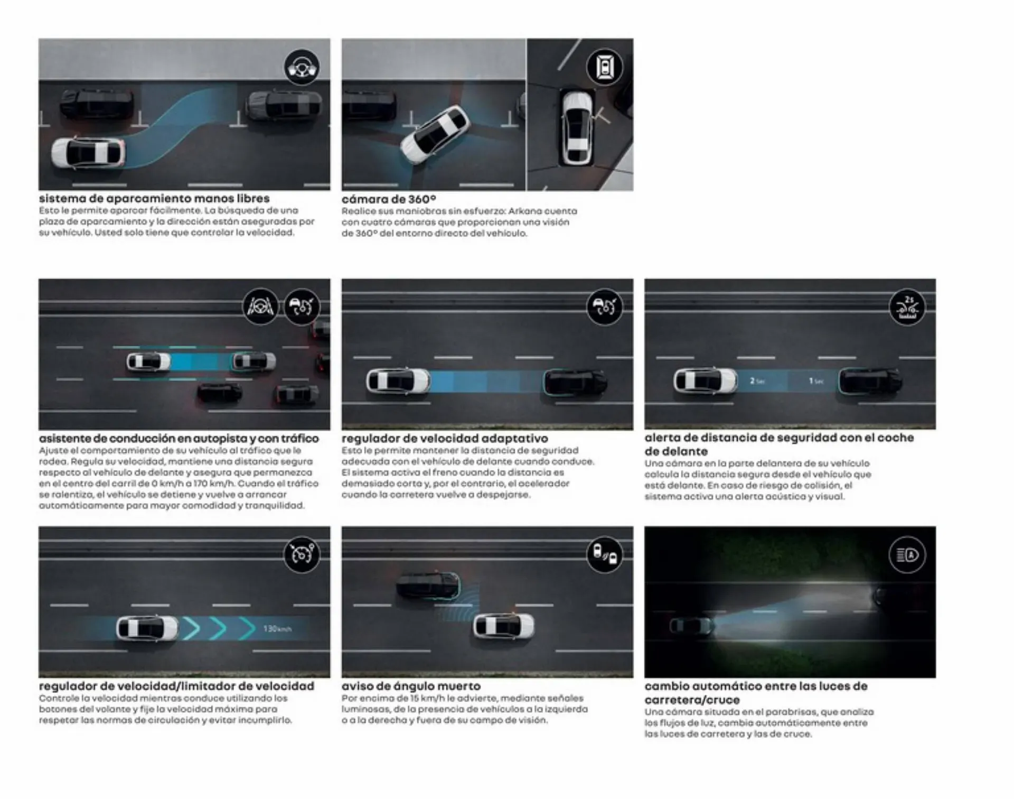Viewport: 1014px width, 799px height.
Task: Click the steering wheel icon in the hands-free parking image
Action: (302, 67)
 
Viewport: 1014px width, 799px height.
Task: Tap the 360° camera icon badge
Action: (605, 67)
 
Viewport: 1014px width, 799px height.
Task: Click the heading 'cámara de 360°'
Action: (389, 199)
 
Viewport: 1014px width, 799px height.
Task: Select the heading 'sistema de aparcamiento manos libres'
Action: (154, 199)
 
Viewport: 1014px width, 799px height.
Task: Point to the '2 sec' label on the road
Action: (757, 381)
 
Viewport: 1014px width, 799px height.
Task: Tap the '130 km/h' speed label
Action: (277, 629)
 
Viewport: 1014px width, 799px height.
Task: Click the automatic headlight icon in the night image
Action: (907, 555)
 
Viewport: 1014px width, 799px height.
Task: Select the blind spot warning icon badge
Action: (605, 554)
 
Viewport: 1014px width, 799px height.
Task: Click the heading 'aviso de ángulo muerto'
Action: (411, 686)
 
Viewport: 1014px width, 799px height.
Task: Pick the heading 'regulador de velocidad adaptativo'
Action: (445, 438)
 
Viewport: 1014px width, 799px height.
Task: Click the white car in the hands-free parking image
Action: (89, 152)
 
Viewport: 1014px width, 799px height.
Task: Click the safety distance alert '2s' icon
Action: (907, 307)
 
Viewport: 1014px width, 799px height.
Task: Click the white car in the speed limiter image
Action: (147, 628)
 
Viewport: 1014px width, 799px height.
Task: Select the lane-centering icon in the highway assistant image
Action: (260, 306)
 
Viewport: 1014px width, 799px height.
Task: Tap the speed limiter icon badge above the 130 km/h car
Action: (302, 554)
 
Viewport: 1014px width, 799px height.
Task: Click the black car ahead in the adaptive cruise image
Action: (575, 382)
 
